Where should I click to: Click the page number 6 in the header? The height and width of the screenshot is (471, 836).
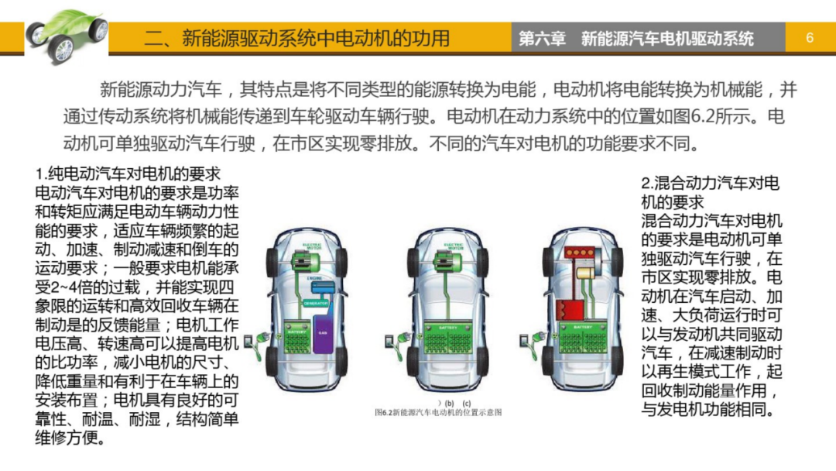810,38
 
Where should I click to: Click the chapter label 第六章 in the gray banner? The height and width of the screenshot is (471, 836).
542,38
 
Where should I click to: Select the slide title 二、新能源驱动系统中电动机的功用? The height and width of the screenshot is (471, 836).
296,38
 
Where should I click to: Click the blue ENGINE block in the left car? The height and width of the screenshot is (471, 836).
317,287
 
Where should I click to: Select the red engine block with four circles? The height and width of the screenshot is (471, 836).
580,252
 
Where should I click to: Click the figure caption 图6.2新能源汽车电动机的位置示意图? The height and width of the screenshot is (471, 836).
438,412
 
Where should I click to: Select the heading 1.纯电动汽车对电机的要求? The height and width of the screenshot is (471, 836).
128,173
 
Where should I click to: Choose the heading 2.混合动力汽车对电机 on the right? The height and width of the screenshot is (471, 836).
710,184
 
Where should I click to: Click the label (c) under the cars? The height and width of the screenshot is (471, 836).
466,403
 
